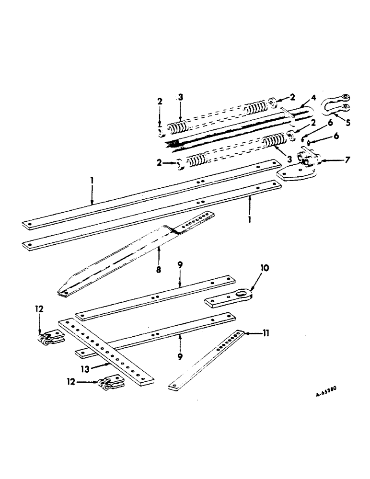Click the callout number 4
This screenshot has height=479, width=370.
pyautogui.click(x=314, y=98)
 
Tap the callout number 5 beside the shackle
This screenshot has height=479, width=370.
pyautogui.click(x=347, y=122)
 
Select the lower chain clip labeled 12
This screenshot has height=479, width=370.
pyautogui.click(x=110, y=382)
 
